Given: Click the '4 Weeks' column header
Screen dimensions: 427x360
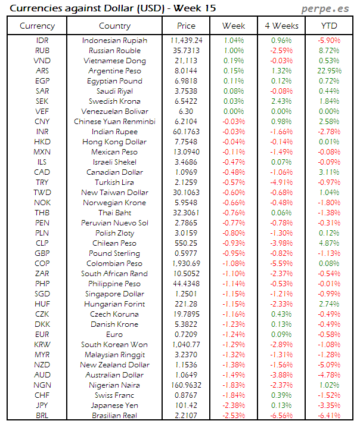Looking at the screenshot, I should [x=281, y=26].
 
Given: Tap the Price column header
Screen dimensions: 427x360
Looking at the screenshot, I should [x=186, y=26].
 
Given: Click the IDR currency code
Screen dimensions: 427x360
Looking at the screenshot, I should [x=42, y=40].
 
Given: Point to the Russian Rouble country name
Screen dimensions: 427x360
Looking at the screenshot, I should [x=114, y=50].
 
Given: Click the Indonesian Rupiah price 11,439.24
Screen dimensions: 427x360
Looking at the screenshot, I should [x=186, y=40].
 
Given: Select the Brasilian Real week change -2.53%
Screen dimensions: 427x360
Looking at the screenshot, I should [x=234, y=415].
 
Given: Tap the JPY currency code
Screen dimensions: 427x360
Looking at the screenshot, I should [x=42, y=405].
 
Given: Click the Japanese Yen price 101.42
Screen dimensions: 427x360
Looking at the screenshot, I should [x=186, y=405].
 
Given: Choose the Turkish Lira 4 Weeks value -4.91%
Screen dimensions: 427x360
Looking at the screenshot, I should [x=281, y=182].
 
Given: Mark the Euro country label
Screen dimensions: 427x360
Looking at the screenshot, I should [x=114, y=334].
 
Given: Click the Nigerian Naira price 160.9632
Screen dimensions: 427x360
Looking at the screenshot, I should [x=186, y=385].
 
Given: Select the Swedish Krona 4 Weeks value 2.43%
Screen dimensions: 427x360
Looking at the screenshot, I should [x=281, y=101].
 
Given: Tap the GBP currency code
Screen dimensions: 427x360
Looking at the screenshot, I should [x=42, y=253].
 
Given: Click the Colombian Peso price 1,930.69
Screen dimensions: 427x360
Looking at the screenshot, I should [x=186, y=263].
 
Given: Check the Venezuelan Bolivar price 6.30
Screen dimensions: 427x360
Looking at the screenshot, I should [x=186, y=111].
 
